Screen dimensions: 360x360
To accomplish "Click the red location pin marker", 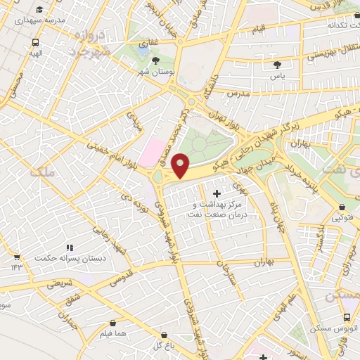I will [x=181, y=165].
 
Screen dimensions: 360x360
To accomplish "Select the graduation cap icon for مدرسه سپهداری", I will [x=42, y=9].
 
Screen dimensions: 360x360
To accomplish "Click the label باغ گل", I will [x=162, y=347].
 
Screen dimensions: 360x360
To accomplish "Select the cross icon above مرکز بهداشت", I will [x=216, y=193].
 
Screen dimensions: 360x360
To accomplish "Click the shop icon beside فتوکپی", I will [x=342, y=207].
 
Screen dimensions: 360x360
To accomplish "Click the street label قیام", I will [x=259, y=29].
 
